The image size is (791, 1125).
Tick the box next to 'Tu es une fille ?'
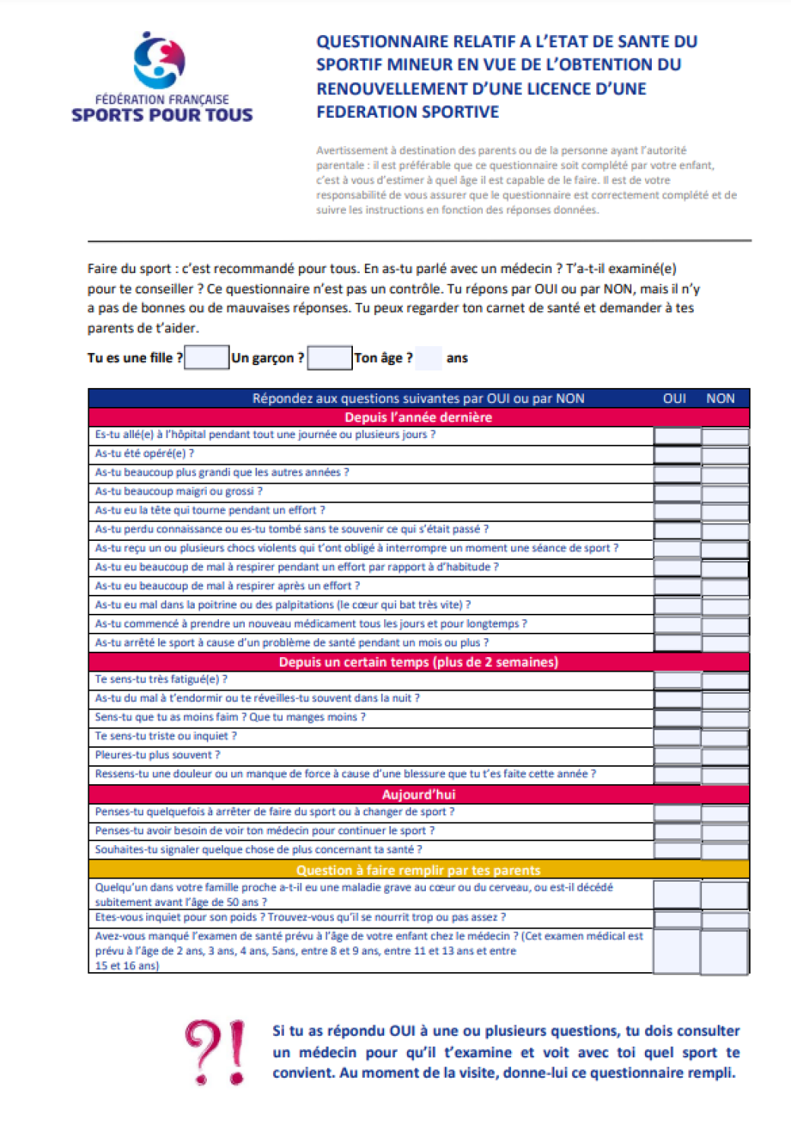(x=207, y=358)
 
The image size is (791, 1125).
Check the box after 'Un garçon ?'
(x=329, y=358)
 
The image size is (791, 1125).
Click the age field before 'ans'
(x=428, y=358)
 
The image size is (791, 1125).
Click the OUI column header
(x=675, y=399)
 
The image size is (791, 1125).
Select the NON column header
(x=720, y=399)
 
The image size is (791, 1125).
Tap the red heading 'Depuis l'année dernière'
(x=418, y=418)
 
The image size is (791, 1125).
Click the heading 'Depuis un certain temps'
(x=418, y=662)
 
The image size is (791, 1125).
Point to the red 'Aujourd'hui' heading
(x=418, y=794)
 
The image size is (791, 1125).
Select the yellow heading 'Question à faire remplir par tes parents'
(x=418, y=870)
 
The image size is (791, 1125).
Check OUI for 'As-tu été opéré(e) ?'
(x=677, y=455)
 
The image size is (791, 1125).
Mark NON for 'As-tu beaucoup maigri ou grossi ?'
(x=725, y=493)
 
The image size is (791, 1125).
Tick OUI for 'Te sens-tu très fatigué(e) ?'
(x=677, y=681)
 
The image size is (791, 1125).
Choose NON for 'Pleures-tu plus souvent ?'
(x=725, y=756)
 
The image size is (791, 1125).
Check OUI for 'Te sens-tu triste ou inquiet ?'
(x=677, y=737)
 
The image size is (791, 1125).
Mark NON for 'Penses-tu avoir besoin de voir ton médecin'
(x=725, y=831)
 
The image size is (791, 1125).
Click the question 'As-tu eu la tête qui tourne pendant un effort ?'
(x=210, y=510)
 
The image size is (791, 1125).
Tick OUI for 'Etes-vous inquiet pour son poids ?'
(x=677, y=919)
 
